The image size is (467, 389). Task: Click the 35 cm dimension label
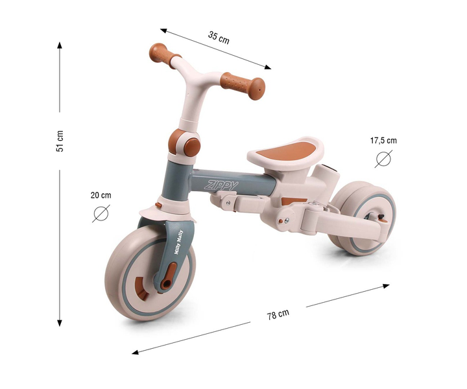point(219,38)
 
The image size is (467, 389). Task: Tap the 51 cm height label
point(60,141)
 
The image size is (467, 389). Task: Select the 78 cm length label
point(278,314)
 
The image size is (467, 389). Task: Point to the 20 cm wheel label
point(101,195)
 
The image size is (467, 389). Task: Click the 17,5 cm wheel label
point(383,140)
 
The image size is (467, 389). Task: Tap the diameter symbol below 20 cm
point(101,213)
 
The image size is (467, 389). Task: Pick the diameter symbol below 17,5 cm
point(383,159)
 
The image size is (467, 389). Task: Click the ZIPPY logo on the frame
point(221,185)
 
